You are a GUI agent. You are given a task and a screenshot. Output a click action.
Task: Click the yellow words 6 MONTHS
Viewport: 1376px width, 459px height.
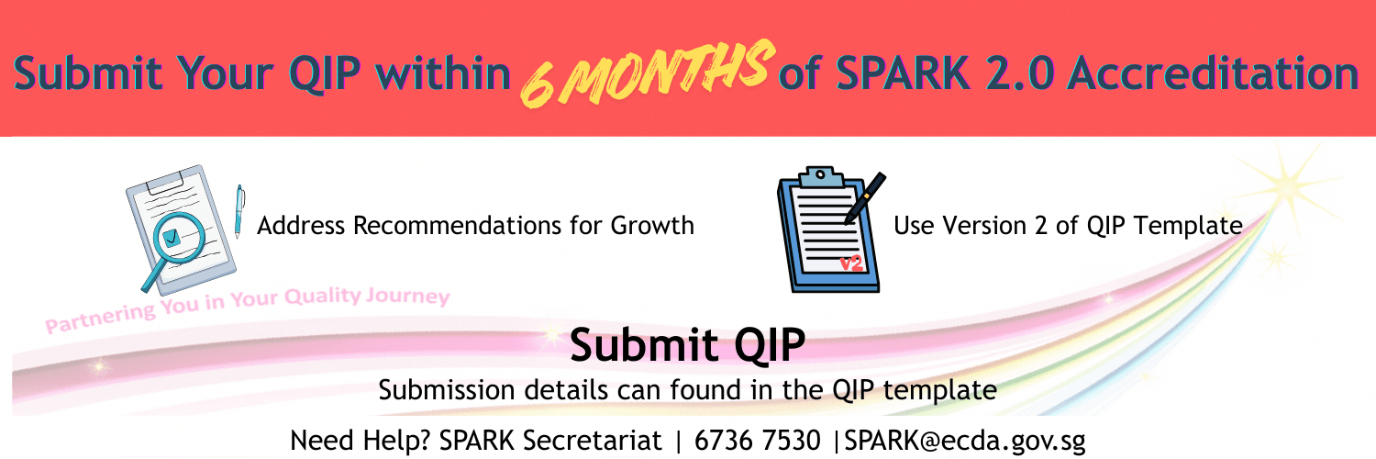pos(644,73)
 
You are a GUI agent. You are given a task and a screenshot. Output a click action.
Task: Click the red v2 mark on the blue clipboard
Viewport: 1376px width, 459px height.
pos(852,264)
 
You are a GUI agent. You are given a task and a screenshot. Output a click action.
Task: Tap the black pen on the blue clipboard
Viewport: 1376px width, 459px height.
pos(863,197)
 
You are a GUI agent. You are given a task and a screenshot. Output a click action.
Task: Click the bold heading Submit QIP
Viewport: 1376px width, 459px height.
pos(687,345)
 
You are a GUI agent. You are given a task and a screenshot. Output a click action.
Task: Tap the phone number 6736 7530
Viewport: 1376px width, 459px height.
pos(758,441)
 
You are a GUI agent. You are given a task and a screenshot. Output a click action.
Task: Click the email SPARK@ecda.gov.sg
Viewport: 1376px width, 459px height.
pos(965,441)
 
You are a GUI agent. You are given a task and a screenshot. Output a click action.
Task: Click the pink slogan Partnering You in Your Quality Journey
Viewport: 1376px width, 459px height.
pos(248,307)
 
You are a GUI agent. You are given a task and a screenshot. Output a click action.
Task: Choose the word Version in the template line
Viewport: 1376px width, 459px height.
pos(968,225)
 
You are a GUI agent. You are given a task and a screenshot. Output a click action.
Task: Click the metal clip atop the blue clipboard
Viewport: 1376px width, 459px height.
pos(820,175)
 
